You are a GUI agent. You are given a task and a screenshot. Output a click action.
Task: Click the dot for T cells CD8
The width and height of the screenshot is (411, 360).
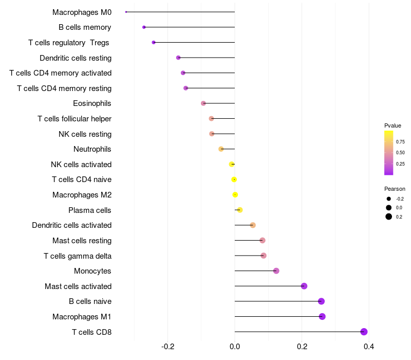point(364,332)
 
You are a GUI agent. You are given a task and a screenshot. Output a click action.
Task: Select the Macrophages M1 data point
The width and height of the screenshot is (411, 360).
point(322,316)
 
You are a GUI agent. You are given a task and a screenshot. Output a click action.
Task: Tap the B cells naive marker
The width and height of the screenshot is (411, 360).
point(322,301)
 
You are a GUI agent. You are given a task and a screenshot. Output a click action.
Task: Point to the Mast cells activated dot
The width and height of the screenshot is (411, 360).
point(304,286)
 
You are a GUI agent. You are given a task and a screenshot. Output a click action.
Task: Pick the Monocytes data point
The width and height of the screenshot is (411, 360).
point(276,271)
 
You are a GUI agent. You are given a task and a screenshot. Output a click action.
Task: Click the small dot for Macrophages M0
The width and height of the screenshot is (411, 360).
point(126,12)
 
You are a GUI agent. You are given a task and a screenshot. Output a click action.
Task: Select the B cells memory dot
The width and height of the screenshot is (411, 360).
point(144,27)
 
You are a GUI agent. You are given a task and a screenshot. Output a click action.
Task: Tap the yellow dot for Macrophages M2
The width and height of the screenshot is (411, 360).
point(235,195)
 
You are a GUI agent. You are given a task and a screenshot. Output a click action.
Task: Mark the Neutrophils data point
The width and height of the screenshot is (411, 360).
point(221,149)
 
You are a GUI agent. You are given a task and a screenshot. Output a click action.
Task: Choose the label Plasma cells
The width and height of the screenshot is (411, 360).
point(90,210)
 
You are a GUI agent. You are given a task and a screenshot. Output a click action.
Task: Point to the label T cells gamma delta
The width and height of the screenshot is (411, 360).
point(78,256)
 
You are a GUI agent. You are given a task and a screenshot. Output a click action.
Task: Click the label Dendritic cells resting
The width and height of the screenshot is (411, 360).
point(76,58)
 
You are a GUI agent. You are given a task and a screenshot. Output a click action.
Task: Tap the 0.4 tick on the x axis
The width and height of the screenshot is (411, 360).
point(368,346)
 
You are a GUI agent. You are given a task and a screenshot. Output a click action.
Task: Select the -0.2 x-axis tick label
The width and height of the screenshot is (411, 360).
point(168,346)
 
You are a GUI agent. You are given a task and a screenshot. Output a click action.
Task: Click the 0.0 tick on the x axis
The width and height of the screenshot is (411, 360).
point(235,346)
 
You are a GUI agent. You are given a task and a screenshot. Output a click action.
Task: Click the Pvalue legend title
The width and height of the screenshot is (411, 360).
point(393,125)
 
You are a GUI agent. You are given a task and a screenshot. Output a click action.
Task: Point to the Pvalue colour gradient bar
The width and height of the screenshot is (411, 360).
point(389,153)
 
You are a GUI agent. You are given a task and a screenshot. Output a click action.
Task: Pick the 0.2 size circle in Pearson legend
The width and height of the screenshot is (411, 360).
point(389,217)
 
